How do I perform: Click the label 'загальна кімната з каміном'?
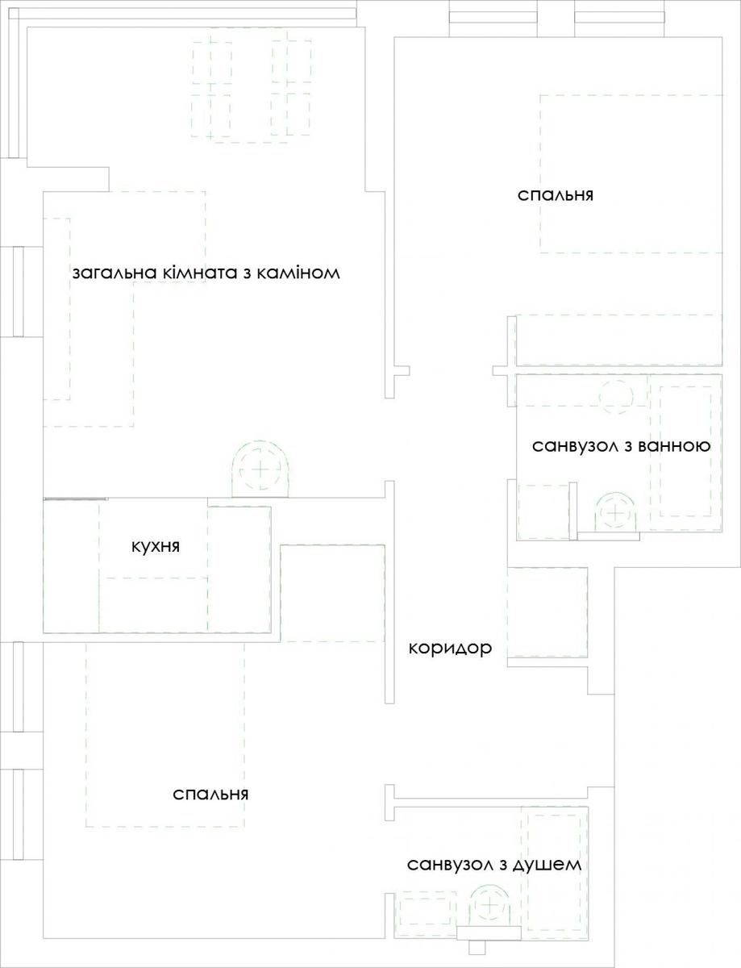point(206,273)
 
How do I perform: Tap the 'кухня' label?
point(156,547)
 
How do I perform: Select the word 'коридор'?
point(451,649)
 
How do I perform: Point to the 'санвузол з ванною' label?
point(622,446)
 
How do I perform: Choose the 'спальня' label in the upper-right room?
point(556,195)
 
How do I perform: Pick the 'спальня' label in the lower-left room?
point(210,795)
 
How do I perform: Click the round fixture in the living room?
point(260,469)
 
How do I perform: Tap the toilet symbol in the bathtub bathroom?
point(615,512)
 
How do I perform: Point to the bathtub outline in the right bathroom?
point(685,453)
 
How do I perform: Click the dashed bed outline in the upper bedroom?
point(540,173)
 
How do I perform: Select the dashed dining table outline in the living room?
point(252,90)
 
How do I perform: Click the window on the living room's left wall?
point(19,291)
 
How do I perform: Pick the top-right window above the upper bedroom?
point(619,17)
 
